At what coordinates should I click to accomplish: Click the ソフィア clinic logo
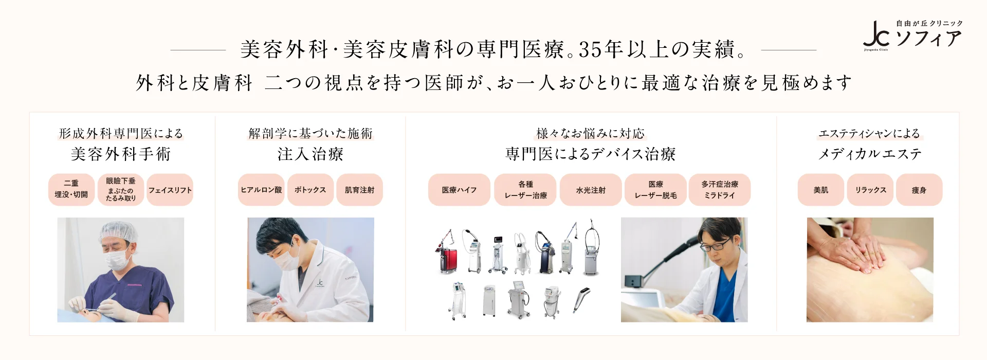tap(912, 35)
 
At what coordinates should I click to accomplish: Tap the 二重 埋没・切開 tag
tap(71, 190)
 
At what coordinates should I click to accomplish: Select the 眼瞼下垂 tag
tap(121, 190)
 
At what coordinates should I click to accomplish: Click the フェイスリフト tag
tap(170, 190)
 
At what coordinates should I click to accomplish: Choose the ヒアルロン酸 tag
tap(261, 190)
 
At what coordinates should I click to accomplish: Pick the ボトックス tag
tap(310, 190)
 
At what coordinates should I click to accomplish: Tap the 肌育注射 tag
tap(360, 190)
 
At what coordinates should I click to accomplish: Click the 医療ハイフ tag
tap(459, 190)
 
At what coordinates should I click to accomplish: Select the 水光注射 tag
tap(591, 190)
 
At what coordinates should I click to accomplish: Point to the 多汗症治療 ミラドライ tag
tap(720, 190)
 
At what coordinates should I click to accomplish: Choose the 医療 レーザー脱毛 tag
tap(655, 190)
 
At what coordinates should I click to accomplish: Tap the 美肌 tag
tap(821, 190)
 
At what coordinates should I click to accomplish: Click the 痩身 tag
tap(919, 190)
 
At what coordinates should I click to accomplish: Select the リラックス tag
tap(870, 190)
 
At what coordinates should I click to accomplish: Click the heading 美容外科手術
tap(121, 154)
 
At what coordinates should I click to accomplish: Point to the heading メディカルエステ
tap(870, 154)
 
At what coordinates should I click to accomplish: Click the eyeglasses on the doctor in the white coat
tap(715, 245)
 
